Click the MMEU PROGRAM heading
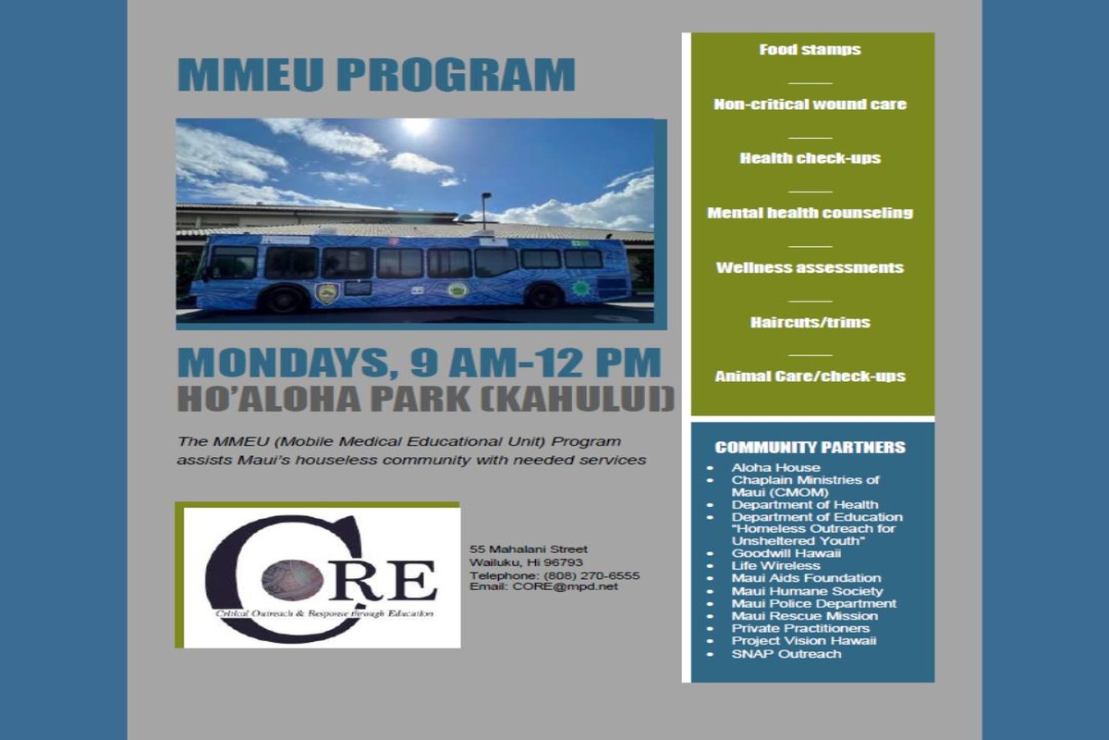click(x=376, y=74)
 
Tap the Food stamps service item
click(x=810, y=50)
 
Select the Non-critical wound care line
click(x=810, y=105)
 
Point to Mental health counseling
click(x=810, y=213)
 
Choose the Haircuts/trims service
click(x=810, y=322)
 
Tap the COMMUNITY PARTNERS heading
click(x=810, y=447)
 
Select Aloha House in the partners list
click(x=775, y=467)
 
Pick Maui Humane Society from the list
click(x=807, y=591)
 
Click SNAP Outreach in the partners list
click(x=786, y=653)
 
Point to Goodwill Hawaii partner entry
click(x=786, y=553)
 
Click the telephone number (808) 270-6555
click(x=591, y=575)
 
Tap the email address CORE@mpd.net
click(x=566, y=586)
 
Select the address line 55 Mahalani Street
click(x=529, y=549)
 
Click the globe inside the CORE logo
click(x=292, y=580)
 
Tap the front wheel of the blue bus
click(x=284, y=300)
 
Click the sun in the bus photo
click(x=416, y=127)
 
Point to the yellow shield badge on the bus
click(x=327, y=294)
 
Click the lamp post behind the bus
click(x=485, y=212)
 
